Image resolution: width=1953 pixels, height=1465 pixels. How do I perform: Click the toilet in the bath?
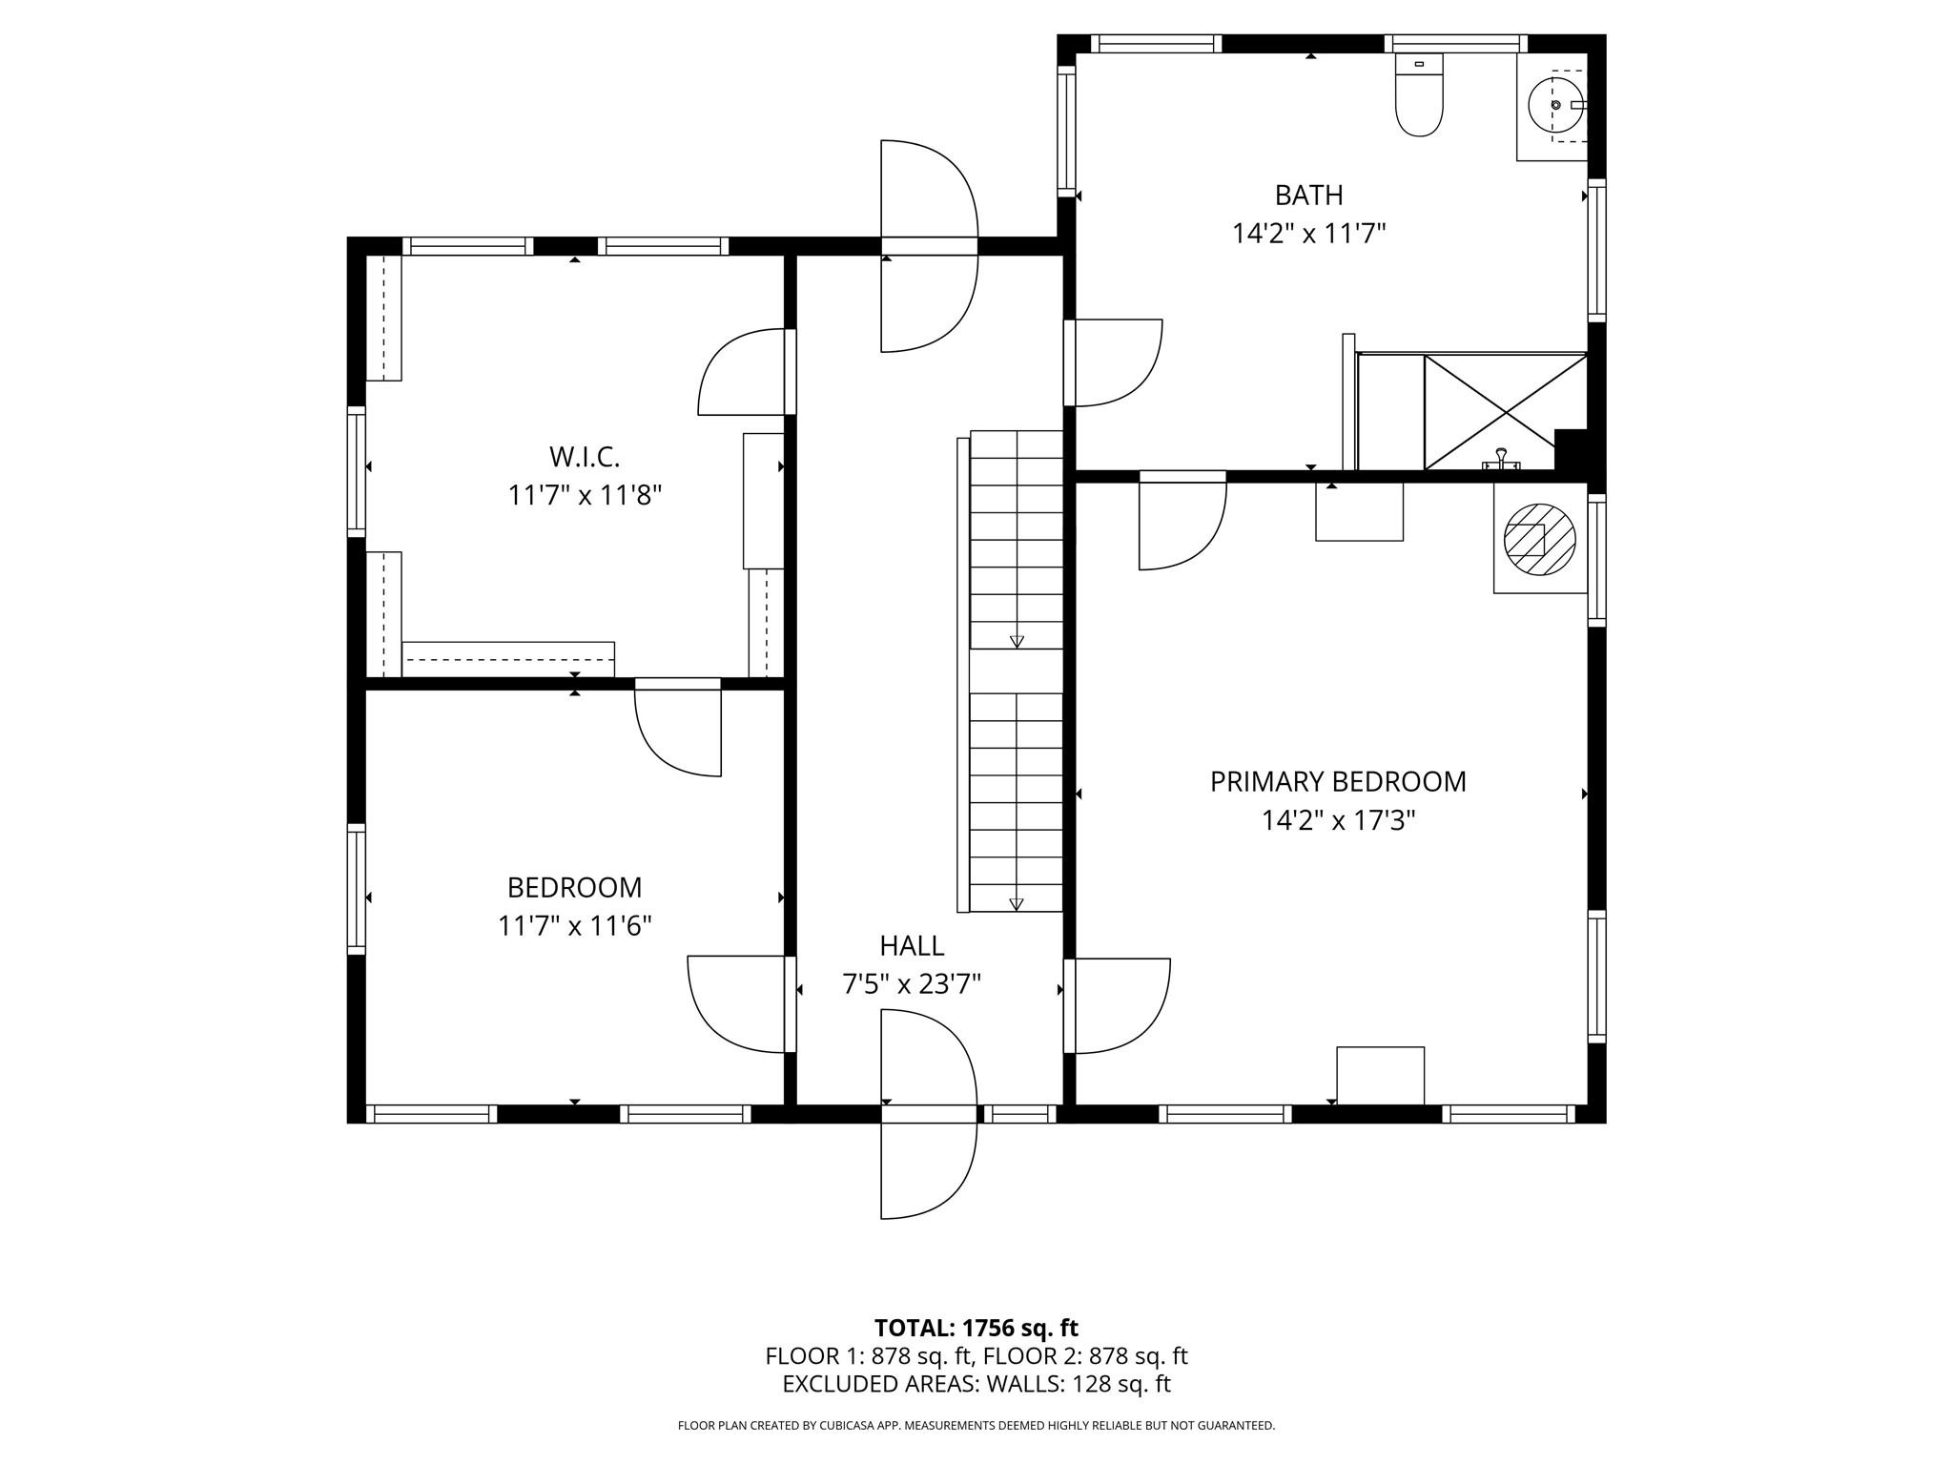1419,94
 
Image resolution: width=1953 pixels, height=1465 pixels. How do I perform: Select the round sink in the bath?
1555,105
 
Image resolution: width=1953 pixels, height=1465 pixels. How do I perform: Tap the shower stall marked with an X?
1505,412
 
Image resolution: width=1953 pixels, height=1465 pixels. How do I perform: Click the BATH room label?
1308,195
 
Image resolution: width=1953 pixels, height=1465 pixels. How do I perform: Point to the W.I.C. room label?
585,457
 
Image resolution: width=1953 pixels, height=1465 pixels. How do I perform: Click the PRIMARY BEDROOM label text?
1338,781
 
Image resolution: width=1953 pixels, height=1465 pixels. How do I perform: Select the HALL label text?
912,945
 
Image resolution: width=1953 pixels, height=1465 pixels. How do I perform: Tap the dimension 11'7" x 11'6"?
574,926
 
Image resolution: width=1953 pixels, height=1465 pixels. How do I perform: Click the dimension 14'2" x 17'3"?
1338,820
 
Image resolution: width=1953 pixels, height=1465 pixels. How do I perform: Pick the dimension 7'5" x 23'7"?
912,984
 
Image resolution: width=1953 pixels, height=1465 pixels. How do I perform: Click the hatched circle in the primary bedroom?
1539,540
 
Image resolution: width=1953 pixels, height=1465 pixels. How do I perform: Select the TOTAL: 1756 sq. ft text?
976,1328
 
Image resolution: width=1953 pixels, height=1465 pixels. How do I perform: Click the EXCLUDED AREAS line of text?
976,1384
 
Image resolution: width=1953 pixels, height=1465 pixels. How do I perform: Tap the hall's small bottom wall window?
1019,1113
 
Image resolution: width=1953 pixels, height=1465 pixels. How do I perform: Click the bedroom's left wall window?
357,889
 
